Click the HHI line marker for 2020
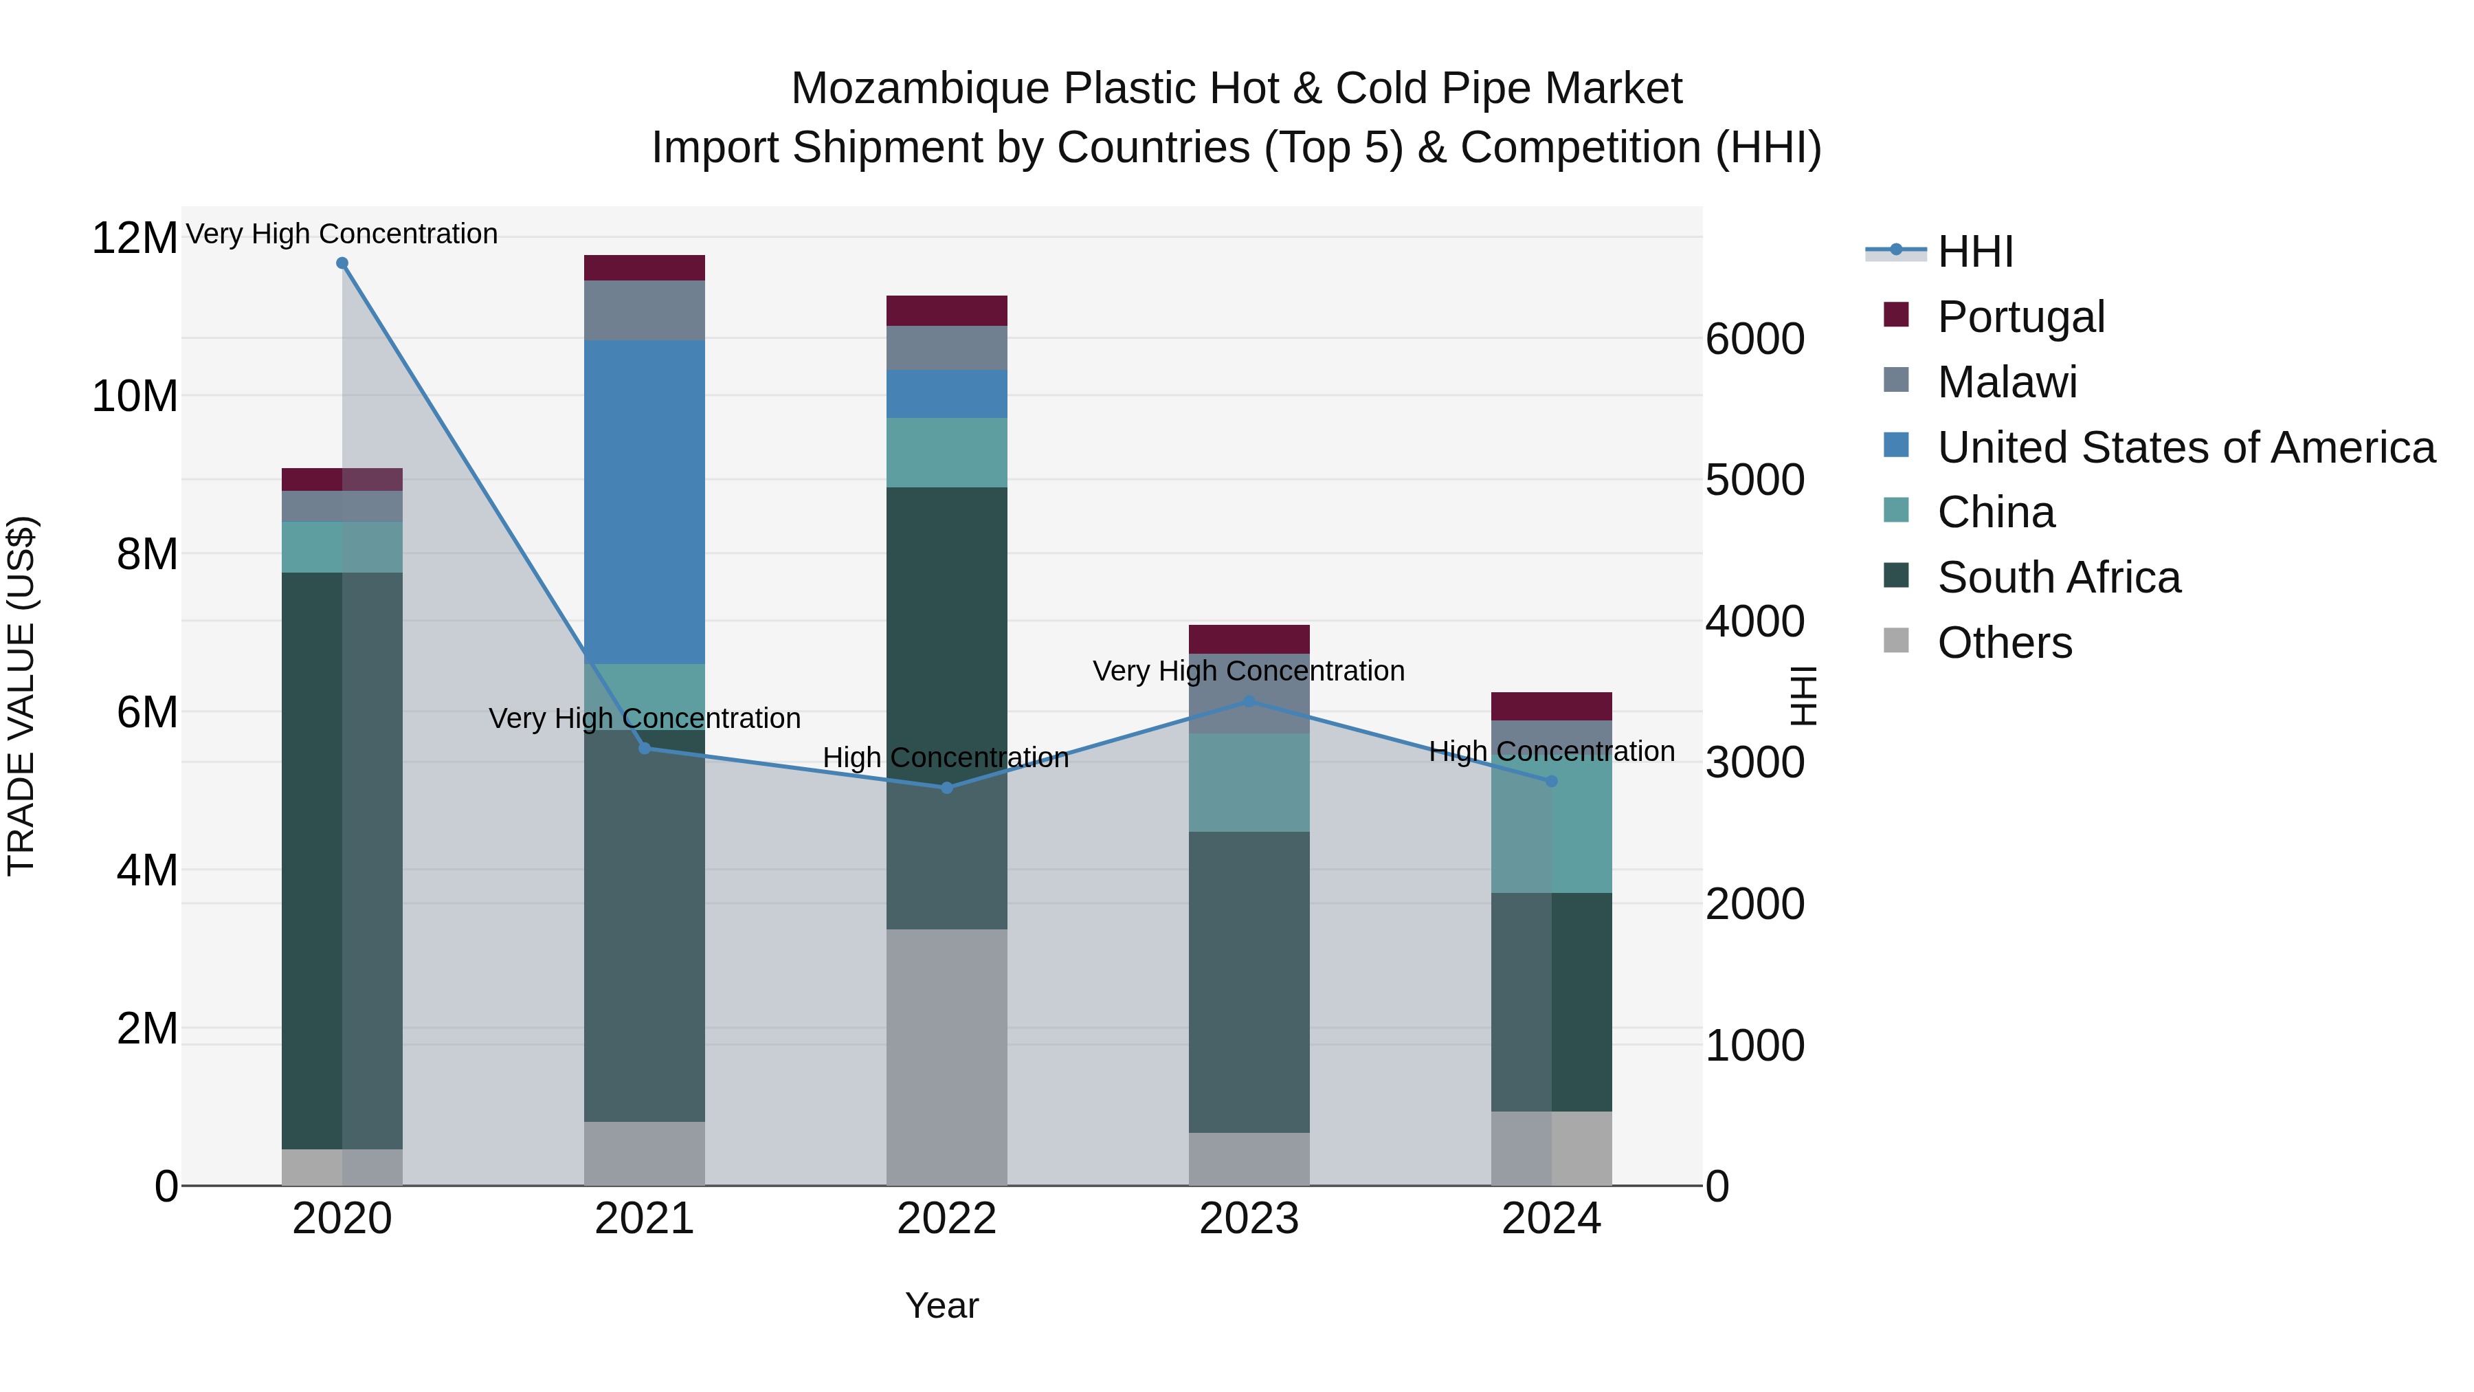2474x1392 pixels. pos(342,263)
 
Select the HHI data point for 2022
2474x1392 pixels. pos(946,788)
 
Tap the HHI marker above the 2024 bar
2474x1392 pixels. pos(1551,781)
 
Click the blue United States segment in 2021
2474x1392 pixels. pos(645,502)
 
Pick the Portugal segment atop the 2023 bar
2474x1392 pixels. pos(1249,639)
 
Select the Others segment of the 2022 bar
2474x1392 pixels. pos(946,1057)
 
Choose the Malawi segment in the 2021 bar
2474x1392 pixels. pos(645,310)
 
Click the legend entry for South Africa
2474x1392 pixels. pos(2058,577)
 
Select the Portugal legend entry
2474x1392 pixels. pos(2020,317)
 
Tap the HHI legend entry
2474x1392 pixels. pos(1974,252)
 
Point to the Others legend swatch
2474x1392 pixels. pos(1896,641)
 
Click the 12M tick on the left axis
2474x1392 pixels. pos(135,237)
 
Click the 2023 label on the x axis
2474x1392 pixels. pos(1249,1219)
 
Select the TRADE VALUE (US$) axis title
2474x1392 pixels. pos(21,696)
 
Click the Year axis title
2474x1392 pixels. pos(941,1305)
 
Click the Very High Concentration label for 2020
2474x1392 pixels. pos(342,234)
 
